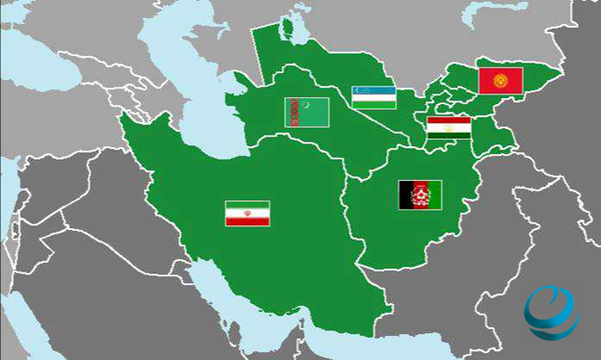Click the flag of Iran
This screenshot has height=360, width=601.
248,214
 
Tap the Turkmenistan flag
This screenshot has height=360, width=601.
306,112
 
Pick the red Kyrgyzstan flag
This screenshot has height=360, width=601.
500,80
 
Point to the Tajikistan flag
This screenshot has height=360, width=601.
449,128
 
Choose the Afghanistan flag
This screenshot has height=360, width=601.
420,194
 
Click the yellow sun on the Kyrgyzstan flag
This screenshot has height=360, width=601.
500,80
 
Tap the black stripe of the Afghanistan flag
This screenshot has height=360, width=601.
405,194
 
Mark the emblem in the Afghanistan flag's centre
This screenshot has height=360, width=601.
420,194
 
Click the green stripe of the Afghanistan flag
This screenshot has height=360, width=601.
435,194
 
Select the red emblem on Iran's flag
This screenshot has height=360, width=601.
248,214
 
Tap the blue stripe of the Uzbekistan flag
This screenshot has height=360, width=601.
374,89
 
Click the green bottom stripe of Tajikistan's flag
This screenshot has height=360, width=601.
449,137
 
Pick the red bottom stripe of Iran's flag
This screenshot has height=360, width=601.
248,221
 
